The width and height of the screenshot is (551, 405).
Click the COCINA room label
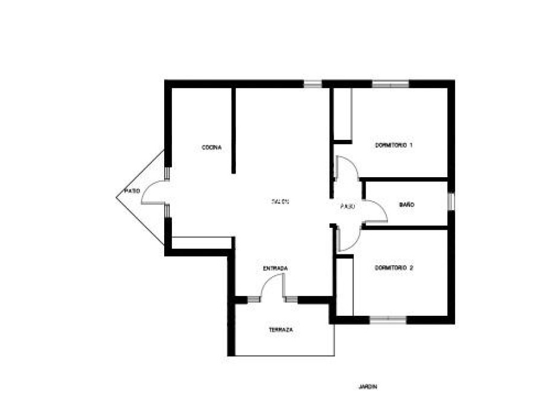pos(212,148)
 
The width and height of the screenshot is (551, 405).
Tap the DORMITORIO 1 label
pos(393,145)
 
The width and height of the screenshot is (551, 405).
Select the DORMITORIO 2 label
pos(393,268)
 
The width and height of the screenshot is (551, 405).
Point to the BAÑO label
pos(407,206)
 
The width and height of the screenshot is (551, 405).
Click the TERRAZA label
pos(281,330)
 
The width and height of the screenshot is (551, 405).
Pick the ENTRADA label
pos(275,268)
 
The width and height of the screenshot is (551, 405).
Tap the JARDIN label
pos(367,387)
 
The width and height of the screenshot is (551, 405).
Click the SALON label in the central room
pos(281,201)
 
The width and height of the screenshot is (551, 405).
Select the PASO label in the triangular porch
pos(132,191)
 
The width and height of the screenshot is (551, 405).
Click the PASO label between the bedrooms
pos(347,206)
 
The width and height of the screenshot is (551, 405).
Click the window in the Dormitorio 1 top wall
pos(390,84)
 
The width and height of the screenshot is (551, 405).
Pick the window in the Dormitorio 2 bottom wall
pos(387,319)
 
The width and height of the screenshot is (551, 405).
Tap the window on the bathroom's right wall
pos(450,202)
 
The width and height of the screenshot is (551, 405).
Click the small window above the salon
pos(313,84)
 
